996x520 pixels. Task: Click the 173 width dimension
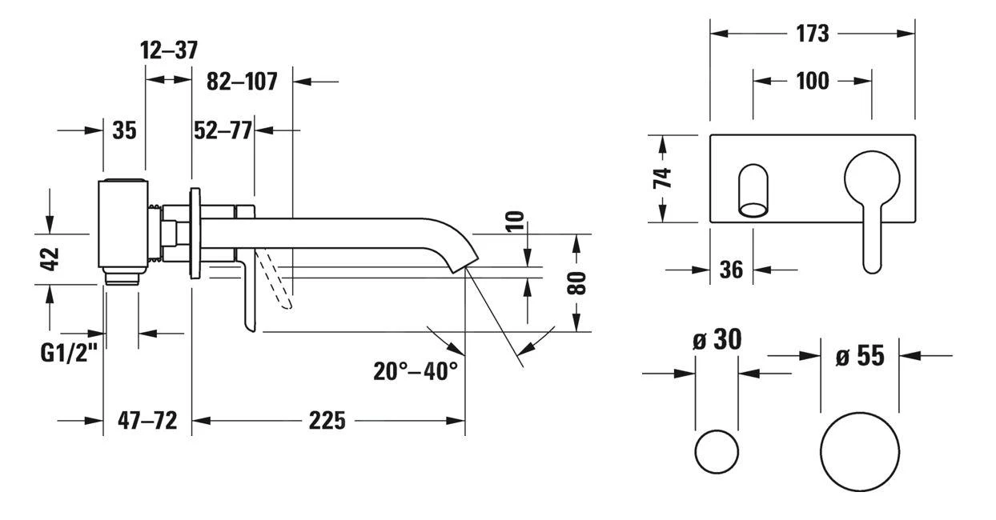pyautogui.click(x=813, y=34)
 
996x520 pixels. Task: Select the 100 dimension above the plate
pyautogui.click(x=813, y=81)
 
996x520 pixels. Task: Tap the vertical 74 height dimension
pyautogui.click(x=663, y=178)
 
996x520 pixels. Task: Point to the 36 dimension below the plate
pyautogui.click(x=731, y=270)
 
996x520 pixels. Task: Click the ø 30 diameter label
pyautogui.click(x=717, y=340)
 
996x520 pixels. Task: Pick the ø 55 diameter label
pyautogui.click(x=860, y=355)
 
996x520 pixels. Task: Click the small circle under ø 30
pyautogui.click(x=717, y=453)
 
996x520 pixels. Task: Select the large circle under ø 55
pyautogui.click(x=860, y=452)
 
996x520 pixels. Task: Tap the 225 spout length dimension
pyautogui.click(x=327, y=420)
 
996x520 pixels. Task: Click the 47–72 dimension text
pyautogui.click(x=147, y=420)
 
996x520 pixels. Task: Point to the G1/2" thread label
pyautogui.click(x=69, y=352)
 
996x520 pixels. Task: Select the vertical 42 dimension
pyautogui.click(x=50, y=260)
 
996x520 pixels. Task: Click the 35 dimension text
pyautogui.click(x=124, y=130)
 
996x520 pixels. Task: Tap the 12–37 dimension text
pyautogui.click(x=168, y=51)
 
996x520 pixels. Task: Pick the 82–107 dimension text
pyautogui.click(x=242, y=81)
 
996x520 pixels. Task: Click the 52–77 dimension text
pyautogui.click(x=223, y=130)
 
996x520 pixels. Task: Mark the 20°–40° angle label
pyautogui.click(x=415, y=370)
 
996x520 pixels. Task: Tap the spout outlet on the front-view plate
pyautogui.click(x=753, y=192)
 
